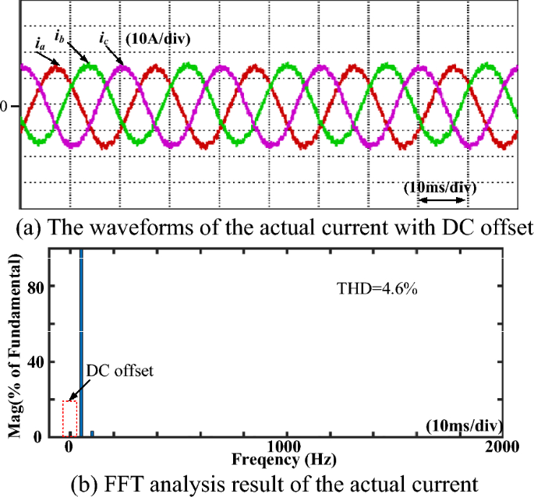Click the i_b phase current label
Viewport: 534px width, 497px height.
point(59,35)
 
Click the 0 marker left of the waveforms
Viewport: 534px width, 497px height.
point(4,105)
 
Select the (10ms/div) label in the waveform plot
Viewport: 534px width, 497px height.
point(440,188)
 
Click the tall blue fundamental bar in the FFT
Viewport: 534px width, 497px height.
point(80,343)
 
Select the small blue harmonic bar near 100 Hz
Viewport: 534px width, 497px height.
point(92,433)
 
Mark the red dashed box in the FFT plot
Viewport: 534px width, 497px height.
point(69,418)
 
